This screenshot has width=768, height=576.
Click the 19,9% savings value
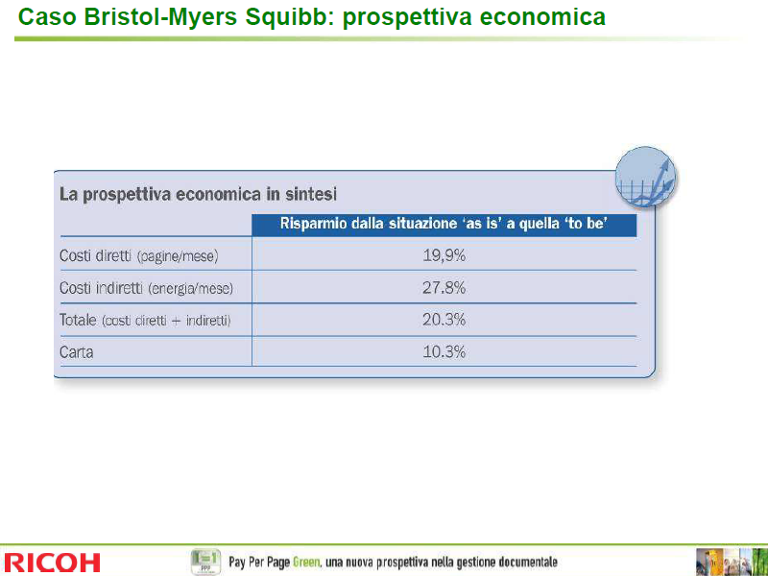point(444,255)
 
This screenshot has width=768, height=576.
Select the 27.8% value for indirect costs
point(444,287)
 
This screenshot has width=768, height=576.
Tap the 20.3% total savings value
point(444,320)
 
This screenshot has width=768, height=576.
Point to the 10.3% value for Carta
point(444,352)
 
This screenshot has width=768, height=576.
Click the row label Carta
point(77,352)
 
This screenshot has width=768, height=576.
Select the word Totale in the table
point(78,320)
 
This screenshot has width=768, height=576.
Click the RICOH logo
point(52,563)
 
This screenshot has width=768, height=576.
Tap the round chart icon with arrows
point(645,177)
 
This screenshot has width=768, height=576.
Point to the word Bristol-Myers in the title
point(161,17)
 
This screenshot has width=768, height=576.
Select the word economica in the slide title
point(542,17)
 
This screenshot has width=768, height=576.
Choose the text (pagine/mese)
point(178,256)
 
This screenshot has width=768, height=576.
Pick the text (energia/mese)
point(190,289)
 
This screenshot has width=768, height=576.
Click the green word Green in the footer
point(306,562)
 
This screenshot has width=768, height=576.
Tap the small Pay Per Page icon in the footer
point(205,562)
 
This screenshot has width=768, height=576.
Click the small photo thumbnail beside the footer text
point(732,563)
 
